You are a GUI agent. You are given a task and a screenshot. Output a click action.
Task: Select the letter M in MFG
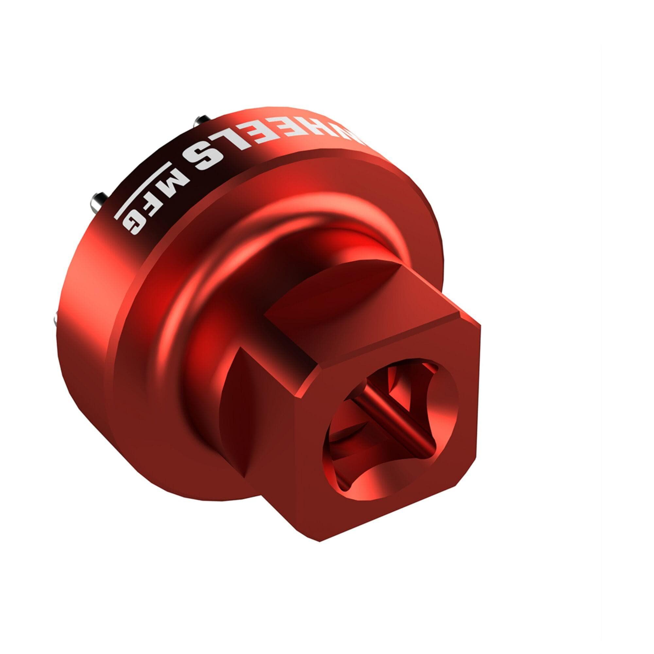point(173,180)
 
